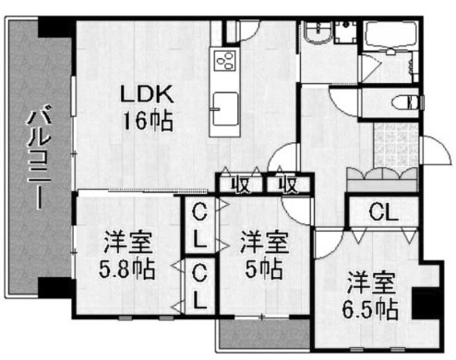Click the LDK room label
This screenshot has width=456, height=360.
147,94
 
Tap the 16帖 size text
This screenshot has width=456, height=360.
148,121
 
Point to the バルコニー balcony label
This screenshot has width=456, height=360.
39,157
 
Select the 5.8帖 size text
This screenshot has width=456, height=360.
126,269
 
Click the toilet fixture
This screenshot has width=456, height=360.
406,102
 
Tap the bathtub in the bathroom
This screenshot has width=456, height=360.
390,34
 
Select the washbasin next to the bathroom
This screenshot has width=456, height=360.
318,33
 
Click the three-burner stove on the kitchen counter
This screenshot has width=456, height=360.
225,61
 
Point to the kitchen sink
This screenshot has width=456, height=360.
225,109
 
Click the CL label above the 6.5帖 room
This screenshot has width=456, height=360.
383,211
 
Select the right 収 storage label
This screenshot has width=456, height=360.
288,186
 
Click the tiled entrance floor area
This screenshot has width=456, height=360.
396,146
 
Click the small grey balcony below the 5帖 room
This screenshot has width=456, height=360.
264,334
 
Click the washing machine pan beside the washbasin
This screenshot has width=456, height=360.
346,31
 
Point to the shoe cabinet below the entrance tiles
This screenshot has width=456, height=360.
381,181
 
